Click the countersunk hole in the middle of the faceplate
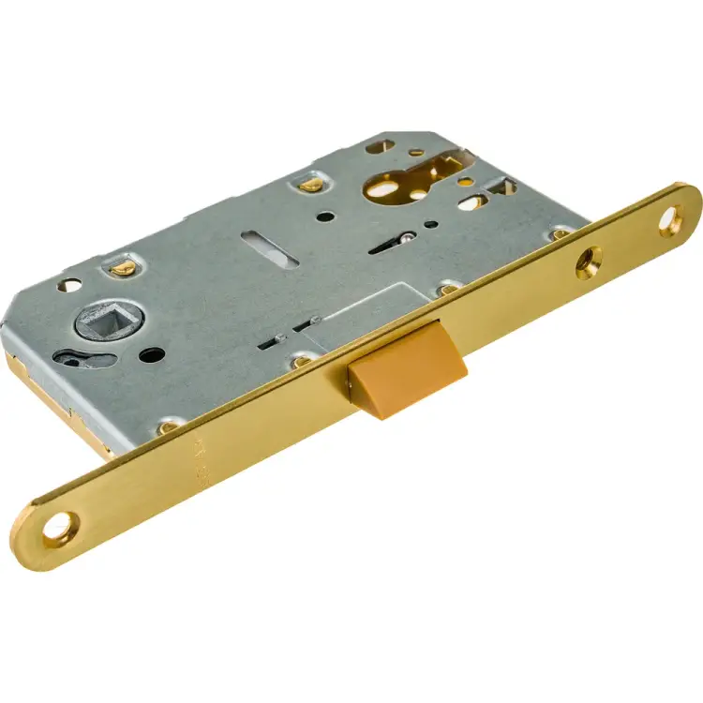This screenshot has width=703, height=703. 589,262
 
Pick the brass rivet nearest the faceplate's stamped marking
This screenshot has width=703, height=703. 170,426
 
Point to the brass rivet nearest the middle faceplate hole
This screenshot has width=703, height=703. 559,234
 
